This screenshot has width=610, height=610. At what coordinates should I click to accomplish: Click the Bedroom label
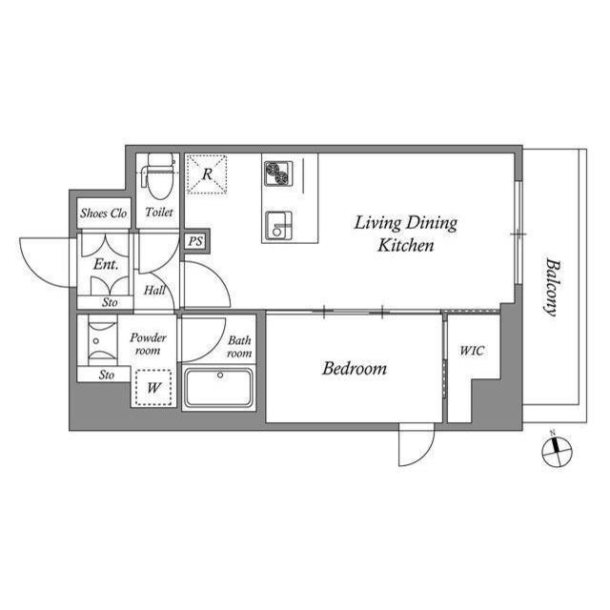(x=355, y=369)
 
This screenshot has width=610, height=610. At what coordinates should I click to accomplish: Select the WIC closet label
(x=472, y=351)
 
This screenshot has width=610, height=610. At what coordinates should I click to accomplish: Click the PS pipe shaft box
(x=195, y=241)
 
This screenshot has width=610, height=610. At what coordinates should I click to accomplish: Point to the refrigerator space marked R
(x=207, y=173)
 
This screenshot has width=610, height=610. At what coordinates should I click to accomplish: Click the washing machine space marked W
(x=153, y=388)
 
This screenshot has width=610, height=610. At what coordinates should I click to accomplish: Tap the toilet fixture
(x=159, y=176)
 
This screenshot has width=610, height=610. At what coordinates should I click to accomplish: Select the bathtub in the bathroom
(x=218, y=388)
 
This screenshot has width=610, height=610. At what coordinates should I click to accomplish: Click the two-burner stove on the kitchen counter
(x=277, y=173)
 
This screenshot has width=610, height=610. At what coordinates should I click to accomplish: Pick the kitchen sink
(x=278, y=226)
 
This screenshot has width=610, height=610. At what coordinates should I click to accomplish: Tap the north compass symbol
(x=557, y=451)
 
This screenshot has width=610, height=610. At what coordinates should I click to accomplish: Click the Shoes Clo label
(x=104, y=213)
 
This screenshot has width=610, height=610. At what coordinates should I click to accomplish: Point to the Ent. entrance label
(x=106, y=265)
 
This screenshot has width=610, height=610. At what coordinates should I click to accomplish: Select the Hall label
(x=154, y=290)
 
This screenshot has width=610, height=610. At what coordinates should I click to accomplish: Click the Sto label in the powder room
(x=106, y=375)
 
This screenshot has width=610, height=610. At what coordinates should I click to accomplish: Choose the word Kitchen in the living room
(x=406, y=246)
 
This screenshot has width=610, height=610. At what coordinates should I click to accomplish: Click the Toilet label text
(x=159, y=212)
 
